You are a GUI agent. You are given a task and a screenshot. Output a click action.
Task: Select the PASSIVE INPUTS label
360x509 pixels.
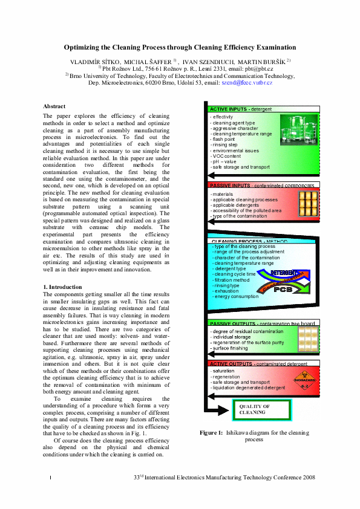click(x=229, y=185)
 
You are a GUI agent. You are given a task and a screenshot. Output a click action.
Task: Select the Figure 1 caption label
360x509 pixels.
click(x=212, y=433)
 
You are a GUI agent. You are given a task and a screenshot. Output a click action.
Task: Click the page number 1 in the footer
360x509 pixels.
click(x=49, y=479)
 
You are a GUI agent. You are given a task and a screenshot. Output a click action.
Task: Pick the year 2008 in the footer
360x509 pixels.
click(x=308, y=478)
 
